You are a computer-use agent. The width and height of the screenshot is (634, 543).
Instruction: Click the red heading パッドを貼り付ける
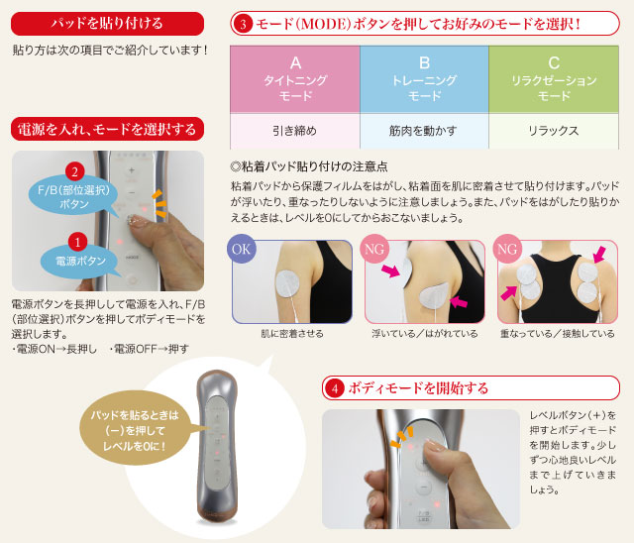click(x=107, y=24)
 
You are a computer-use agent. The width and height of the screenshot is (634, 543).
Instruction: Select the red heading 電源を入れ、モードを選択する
click(x=107, y=129)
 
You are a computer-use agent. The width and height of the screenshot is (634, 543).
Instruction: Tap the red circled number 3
click(x=243, y=24)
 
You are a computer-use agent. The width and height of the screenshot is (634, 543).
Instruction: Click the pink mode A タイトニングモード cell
click(x=295, y=79)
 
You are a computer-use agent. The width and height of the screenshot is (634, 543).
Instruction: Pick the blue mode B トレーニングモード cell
click(x=424, y=79)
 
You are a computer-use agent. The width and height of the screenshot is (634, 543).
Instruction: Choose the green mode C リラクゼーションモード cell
click(x=554, y=79)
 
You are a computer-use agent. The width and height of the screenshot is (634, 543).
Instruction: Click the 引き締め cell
click(x=295, y=131)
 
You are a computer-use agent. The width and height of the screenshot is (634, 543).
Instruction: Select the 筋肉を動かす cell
click(x=424, y=131)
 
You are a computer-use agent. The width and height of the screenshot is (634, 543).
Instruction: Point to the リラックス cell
click(x=554, y=131)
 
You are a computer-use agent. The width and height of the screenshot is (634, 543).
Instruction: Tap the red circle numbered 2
click(x=75, y=171)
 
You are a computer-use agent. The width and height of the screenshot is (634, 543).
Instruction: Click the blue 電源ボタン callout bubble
click(x=79, y=261)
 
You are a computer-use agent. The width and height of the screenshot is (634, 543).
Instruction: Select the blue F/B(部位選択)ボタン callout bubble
click(x=73, y=197)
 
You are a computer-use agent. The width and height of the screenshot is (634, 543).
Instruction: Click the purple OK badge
click(x=242, y=249)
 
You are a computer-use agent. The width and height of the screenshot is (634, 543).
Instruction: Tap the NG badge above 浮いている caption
click(x=374, y=249)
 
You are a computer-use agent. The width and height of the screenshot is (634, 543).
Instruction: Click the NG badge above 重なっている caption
click(x=507, y=249)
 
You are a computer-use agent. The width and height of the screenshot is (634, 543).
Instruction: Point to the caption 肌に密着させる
click(x=292, y=334)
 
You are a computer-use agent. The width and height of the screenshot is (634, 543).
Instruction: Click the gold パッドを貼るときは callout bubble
click(x=135, y=430)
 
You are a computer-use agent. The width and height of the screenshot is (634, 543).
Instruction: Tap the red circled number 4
click(x=335, y=388)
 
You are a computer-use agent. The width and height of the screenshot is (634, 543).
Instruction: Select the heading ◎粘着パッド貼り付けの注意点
click(x=309, y=166)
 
